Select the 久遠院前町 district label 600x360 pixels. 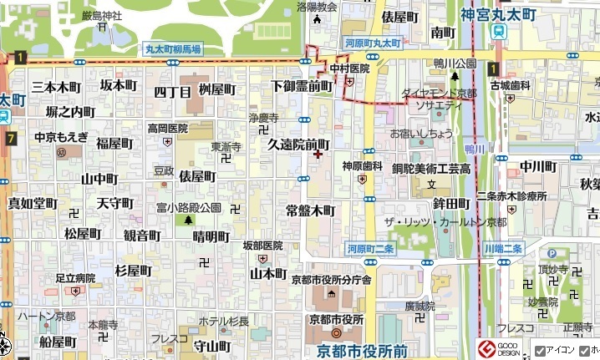298,144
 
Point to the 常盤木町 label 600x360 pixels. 309,210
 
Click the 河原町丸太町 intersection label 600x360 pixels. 373,43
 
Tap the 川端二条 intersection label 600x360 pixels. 503,248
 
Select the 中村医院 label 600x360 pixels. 349,68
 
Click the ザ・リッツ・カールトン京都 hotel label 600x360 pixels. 445,222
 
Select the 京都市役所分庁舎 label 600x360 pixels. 332,280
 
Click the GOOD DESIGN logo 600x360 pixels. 498,347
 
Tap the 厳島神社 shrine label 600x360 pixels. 102,15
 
